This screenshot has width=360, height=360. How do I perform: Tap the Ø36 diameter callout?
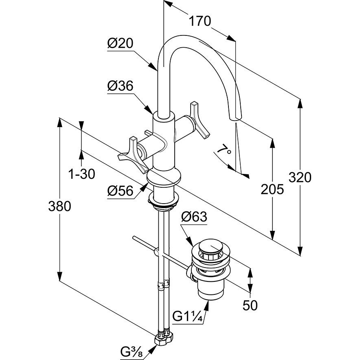click(121, 86)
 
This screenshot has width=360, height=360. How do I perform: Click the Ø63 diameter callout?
click(194, 217)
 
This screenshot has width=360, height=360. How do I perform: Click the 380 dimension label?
click(59, 206)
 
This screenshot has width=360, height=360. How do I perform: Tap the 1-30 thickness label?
click(81, 174)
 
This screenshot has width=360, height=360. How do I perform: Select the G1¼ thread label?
click(187, 316)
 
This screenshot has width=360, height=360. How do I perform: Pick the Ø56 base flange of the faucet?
click(163, 178)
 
